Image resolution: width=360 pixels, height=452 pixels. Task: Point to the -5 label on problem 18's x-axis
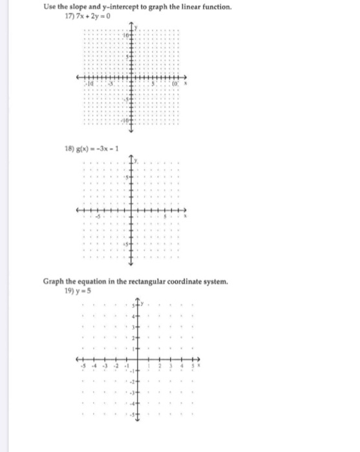coord(100,218)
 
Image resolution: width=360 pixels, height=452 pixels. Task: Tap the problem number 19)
coord(70,291)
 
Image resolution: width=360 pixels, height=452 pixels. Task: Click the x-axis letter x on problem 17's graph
coord(187,83)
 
